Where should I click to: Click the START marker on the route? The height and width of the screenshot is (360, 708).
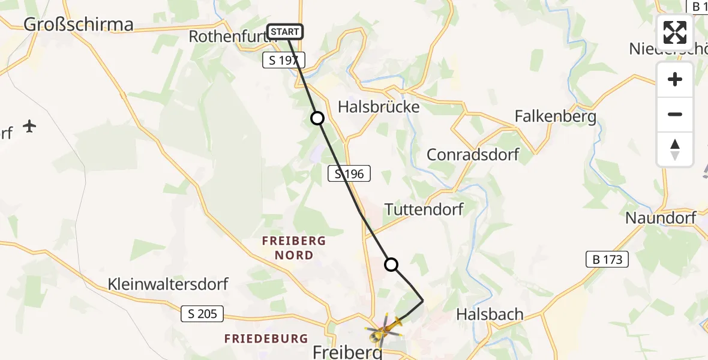pos(285,32)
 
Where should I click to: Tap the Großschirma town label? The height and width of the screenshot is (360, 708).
pos(78,24)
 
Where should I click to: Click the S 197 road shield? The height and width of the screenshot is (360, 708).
pos(284,59)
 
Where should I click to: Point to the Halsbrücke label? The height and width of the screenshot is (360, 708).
pos(379,107)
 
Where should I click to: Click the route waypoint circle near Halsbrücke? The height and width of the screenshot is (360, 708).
pos(317,119)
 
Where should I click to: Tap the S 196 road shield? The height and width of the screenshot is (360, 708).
pos(349,174)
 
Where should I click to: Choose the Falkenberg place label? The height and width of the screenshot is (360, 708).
pos(556,116)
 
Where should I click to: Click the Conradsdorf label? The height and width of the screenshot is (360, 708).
pos(473,154)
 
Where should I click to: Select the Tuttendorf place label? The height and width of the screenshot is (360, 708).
pos(424,209)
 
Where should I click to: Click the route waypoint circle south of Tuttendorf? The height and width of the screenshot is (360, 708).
pos(391,265)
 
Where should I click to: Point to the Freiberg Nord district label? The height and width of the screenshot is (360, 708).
pos(294,248)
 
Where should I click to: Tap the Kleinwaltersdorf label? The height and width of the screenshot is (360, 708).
pos(168,284)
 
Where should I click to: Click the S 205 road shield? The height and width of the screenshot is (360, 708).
pos(202,313)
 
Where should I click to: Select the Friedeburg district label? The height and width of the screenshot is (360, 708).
pos(266,339)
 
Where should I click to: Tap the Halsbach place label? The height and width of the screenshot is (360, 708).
pos(490,314)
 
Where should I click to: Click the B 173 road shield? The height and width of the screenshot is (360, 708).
pos(607,259)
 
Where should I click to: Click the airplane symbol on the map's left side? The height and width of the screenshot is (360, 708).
pos(29,126)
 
